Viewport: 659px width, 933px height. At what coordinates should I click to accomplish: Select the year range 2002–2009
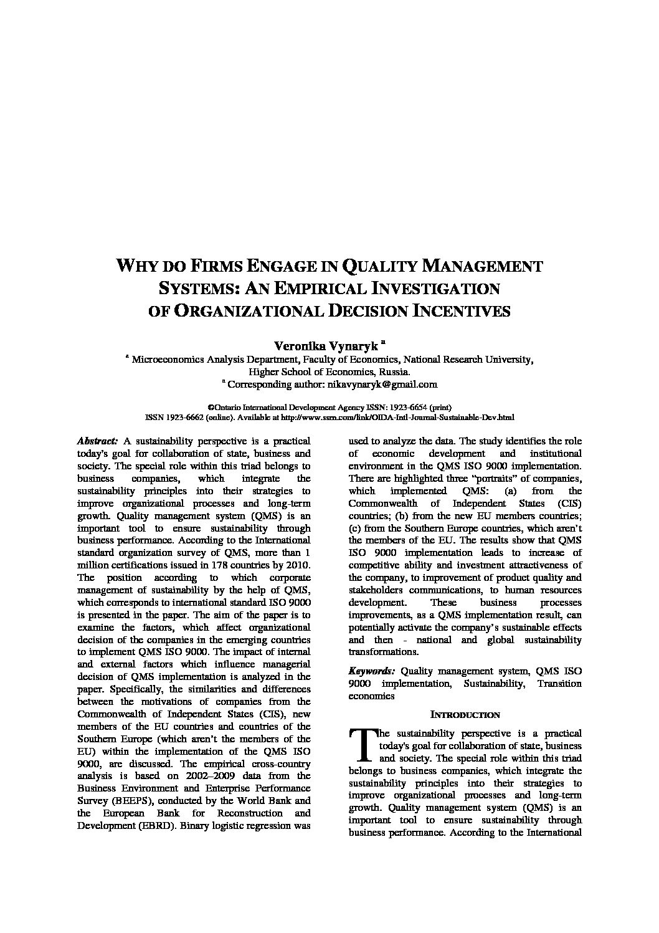(209, 776)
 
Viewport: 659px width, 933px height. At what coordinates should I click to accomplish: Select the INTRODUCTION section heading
(465, 715)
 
